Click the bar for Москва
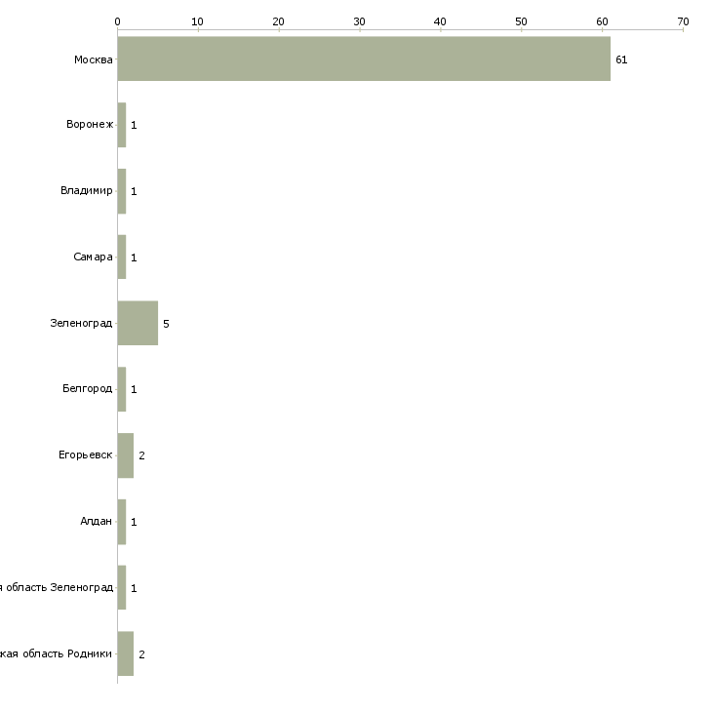point(363,59)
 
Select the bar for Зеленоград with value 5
point(138,323)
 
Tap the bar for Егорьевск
point(125,455)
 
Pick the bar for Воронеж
point(122,125)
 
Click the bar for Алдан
point(122,522)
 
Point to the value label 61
point(621,59)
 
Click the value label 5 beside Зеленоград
point(166,324)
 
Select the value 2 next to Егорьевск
point(141,455)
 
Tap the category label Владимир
point(86,190)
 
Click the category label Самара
point(93,257)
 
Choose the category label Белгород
point(87,389)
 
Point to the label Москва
point(94,59)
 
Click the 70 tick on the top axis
point(683,20)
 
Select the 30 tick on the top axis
point(360,20)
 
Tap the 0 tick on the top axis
point(117,20)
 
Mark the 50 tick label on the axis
point(521,20)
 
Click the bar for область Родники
point(125,653)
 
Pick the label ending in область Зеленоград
point(57,587)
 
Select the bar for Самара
point(122,257)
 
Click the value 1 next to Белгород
point(134,390)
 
